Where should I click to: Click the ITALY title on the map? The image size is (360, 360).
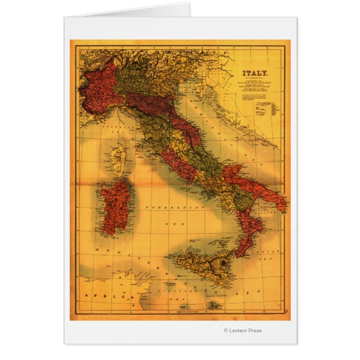pos(255,73)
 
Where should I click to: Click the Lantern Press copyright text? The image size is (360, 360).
pos(243,330)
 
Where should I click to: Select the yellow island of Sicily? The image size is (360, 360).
pos(201,266)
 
